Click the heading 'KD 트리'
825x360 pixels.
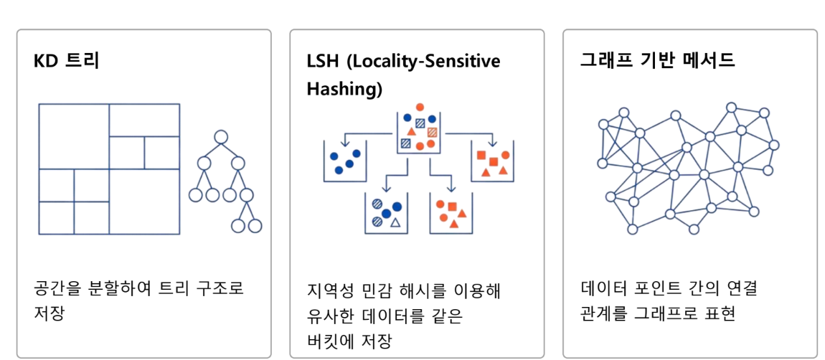coord(66,61)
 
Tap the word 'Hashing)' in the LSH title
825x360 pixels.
coord(344,89)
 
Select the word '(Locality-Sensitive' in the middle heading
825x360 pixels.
coord(423,61)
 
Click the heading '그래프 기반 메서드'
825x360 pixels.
coord(657,60)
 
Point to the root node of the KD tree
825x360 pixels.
coord(221,137)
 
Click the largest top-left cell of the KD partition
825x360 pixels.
coord(74,136)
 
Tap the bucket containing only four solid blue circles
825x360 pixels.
coord(345,162)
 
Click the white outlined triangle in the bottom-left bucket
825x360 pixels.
coord(395,222)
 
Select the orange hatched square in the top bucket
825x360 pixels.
coord(432,132)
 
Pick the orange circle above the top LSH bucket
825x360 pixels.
coord(420,108)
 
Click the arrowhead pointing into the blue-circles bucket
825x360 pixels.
coord(344,139)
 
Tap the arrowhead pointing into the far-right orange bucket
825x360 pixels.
coord(492,139)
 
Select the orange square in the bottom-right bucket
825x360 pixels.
coord(452,207)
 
